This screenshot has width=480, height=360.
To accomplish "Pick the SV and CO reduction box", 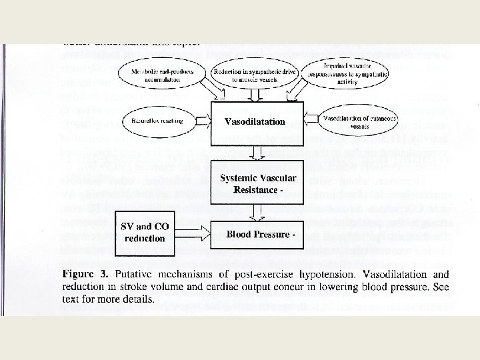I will point(145,233).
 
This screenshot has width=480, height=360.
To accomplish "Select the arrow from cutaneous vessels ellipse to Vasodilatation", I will point(312,121).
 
